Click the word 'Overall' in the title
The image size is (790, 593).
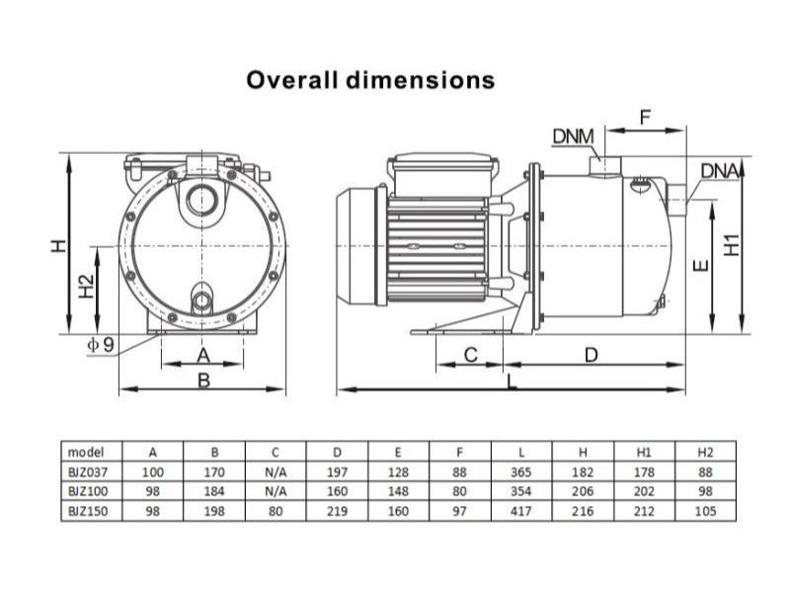click(x=291, y=80)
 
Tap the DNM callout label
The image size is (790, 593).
click(x=574, y=136)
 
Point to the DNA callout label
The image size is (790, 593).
click(x=720, y=171)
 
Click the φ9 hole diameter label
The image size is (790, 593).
click(x=101, y=345)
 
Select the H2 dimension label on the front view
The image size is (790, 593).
click(x=87, y=287)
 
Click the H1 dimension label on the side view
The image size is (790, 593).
click(x=732, y=245)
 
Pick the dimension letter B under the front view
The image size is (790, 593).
click(x=203, y=381)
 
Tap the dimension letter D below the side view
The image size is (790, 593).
click(x=591, y=356)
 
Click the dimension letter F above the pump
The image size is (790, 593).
click(x=645, y=118)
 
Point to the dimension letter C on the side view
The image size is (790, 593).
click(x=470, y=355)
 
